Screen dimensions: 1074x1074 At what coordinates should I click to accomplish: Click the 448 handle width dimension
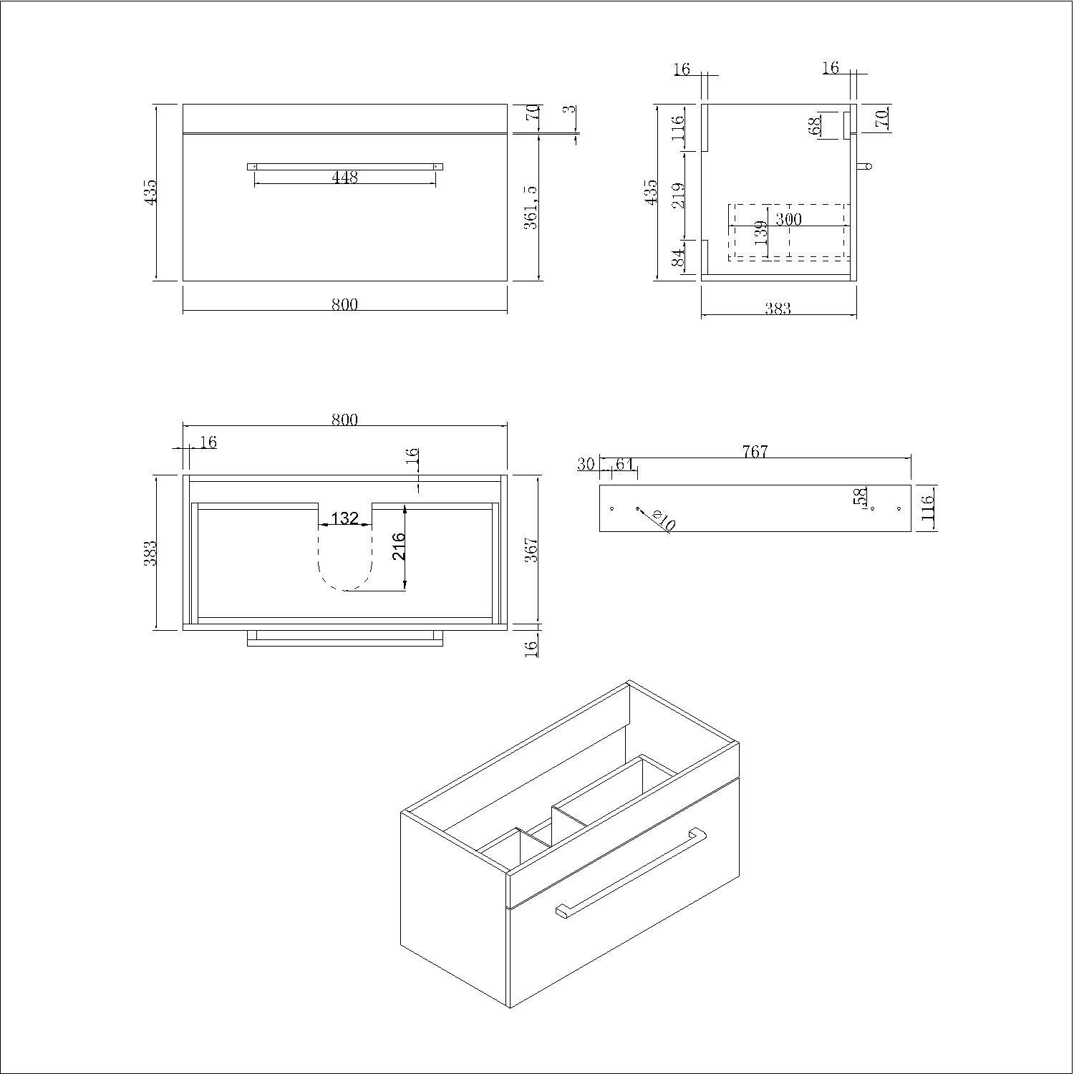345,177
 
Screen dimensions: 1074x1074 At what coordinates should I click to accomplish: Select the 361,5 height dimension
531,208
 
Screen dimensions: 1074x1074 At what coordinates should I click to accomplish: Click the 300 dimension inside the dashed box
788,219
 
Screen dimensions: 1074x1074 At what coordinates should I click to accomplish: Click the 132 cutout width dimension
345,518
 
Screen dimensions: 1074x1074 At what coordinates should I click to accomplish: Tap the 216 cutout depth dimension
400,546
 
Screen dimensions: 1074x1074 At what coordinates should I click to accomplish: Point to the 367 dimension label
531,550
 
